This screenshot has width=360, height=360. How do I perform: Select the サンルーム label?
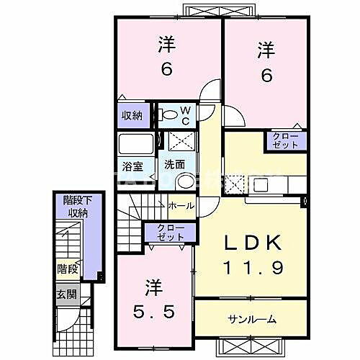point(253,318)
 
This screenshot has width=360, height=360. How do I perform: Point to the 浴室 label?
point(132,166)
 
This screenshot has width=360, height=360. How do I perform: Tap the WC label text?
point(184,115)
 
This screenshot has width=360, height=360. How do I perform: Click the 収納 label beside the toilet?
point(131,115)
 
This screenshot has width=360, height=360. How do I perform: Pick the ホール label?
point(180,207)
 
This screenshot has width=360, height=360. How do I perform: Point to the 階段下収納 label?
point(74,206)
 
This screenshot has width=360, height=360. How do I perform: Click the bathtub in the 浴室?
point(135,143)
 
